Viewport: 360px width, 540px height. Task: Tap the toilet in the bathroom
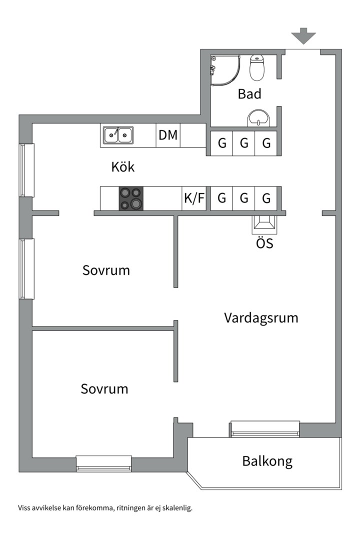tap(257, 68)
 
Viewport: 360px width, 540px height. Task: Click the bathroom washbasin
tap(258, 118)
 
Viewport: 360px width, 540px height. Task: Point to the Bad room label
tap(249, 93)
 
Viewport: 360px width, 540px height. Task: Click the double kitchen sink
tap(118, 135)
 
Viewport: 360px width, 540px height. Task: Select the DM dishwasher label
tap(168, 135)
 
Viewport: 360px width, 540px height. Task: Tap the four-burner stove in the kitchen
tap(131, 198)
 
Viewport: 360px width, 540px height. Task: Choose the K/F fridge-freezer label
tap(194, 198)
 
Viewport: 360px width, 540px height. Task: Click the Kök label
tap(123, 167)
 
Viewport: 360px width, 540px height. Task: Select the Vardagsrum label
tap(261, 318)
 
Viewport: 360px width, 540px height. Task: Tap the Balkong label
tap(267, 461)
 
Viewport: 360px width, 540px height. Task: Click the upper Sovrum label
tap(106, 270)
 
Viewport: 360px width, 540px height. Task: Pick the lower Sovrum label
tap(104, 389)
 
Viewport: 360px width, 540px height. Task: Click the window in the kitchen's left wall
tap(26, 170)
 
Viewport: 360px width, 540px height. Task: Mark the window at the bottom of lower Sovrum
tap(104, 463)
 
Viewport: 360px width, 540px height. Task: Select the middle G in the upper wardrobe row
tap(244, 143)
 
